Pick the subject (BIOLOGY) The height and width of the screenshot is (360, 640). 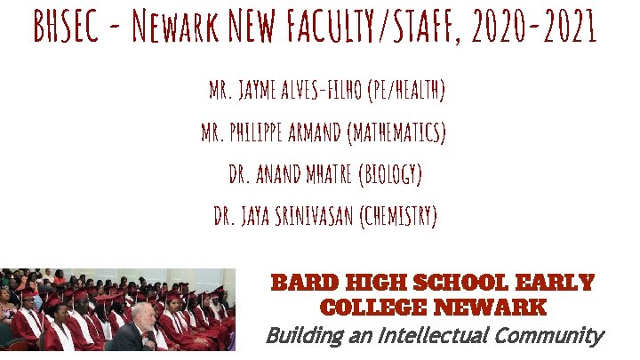(388, 176)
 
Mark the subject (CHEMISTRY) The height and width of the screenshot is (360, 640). (398, 217)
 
